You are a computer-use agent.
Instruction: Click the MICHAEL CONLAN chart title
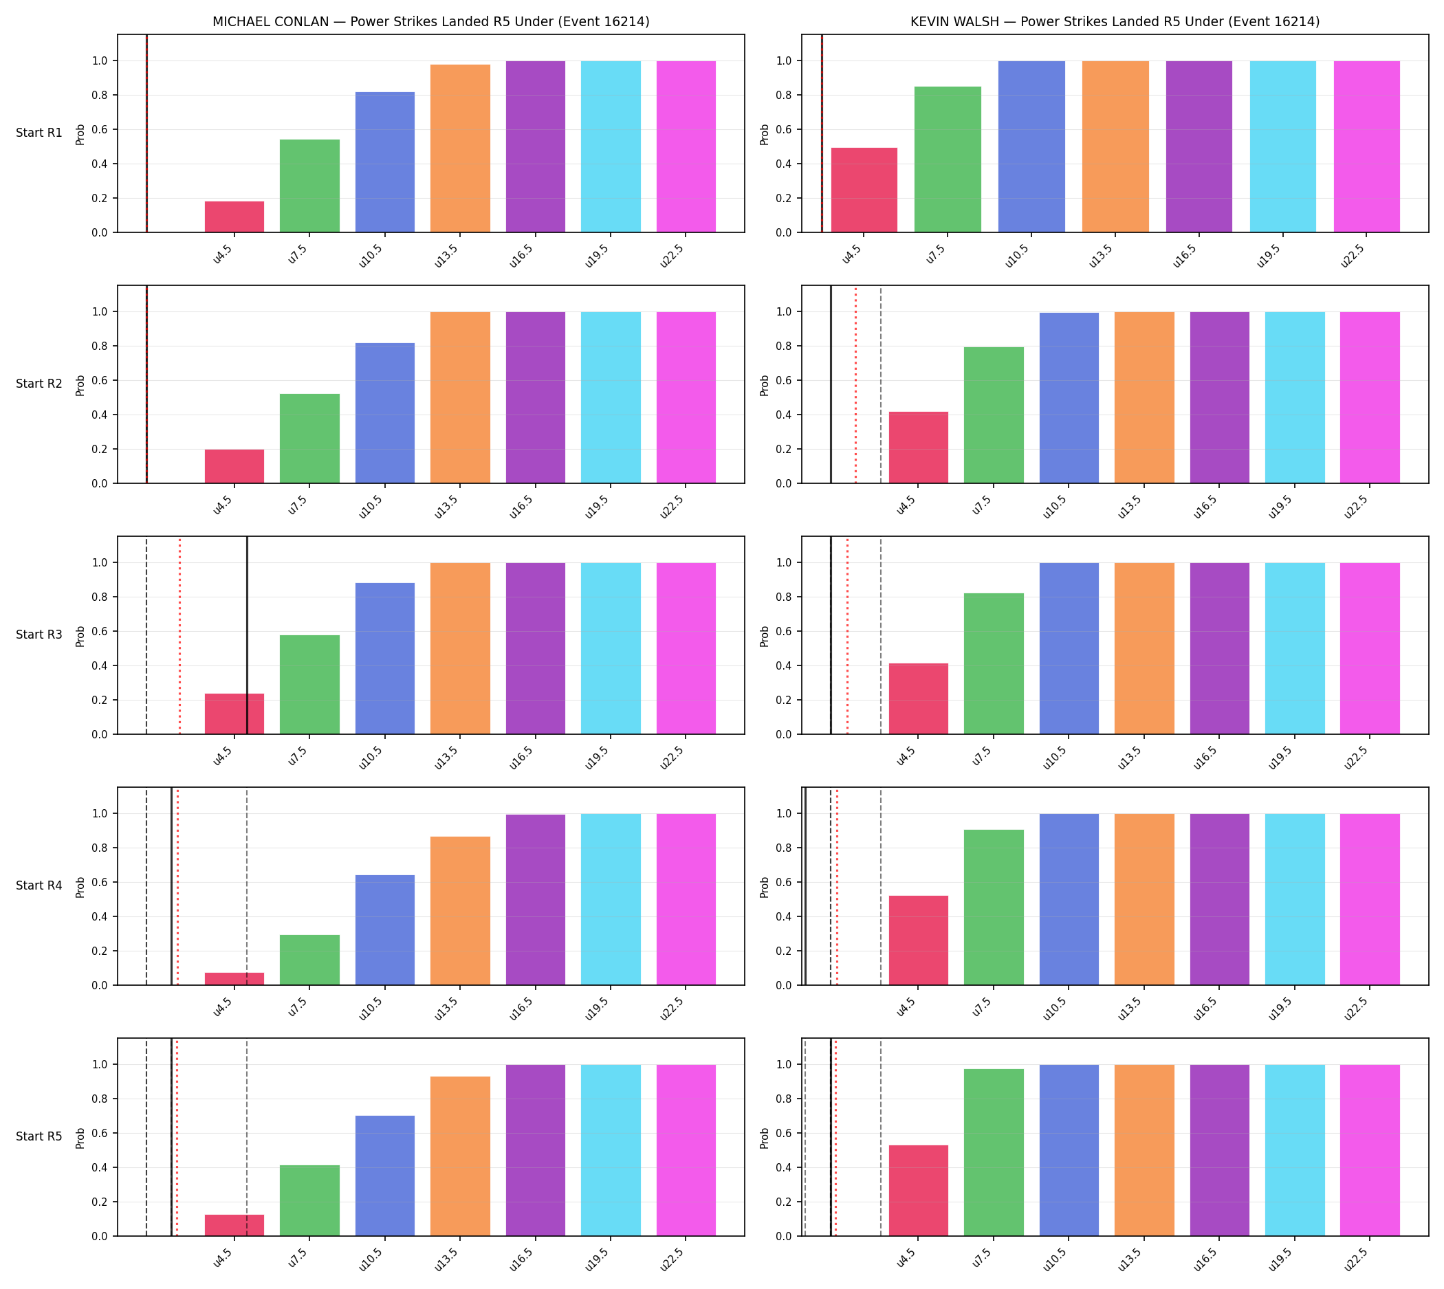click(430, 22)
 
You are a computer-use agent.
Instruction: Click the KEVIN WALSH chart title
click(1115, 22)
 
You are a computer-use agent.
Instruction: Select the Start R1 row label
click(39, 133)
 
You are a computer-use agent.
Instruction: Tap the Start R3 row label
click(39, 635)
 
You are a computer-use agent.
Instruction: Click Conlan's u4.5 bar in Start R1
click(234, 217)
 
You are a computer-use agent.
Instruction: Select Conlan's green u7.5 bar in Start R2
click(309, 439)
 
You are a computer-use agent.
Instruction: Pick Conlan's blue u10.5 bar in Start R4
click(385, 930)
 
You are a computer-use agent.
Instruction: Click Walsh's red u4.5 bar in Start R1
click(864, 190)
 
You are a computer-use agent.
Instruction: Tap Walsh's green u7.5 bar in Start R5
click(994, 1152)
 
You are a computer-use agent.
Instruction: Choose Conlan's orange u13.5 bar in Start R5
click(460, 1156)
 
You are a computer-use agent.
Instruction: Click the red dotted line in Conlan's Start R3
click(180, 635)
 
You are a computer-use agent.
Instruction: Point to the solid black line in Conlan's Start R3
click(248, 635)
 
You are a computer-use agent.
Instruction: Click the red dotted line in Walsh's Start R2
click(855, 384)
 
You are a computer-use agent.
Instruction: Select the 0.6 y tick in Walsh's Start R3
click(785, 631)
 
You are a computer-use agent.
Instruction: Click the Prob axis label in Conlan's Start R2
click(80, 385)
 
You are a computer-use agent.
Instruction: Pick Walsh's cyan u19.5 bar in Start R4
click(1295, 899)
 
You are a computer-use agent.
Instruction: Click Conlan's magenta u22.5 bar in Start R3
click(686, 649)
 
